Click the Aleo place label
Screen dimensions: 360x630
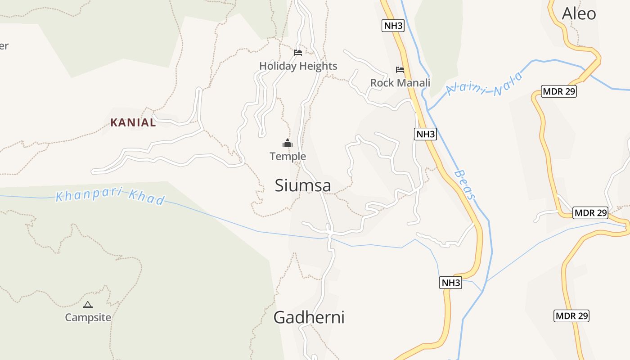click(x=579, y=14)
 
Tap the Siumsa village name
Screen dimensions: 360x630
click(x=303, y=185)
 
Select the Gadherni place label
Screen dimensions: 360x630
click(x=309, y=318)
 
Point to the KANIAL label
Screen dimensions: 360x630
click(x=133, y=122)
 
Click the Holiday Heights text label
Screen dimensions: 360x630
click(x=298, y=66)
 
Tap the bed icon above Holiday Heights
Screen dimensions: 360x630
click(x=297, y=53)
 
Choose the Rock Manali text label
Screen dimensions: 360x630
click(x=400, y=83)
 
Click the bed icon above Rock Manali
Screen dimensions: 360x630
click(x=400, y=70)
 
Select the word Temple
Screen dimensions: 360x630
click(x=288, y=157)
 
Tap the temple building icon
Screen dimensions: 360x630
click(x=288, y=144)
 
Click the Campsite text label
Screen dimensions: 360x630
click(x=88, y=317)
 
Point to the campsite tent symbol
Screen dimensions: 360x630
click(x=88, y=305)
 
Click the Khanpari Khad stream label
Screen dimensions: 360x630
click(x=110, y=197)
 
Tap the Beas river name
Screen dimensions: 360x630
click(x=464, y=184)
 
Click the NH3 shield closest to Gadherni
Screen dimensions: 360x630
click(x=450, y=283)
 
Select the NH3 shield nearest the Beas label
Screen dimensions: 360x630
click(x=425, y=134)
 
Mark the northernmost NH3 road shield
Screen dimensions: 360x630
click(x=393, y=26)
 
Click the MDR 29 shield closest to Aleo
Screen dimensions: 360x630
click(x=559, y=92)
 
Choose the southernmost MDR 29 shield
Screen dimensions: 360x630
click(x=571, y=316)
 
